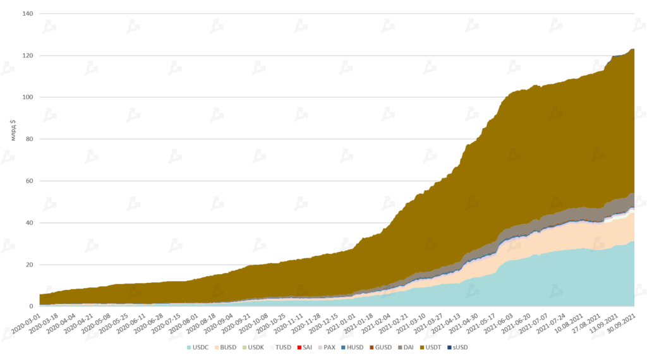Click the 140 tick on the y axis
[x=28, y=13]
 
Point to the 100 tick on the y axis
[x=28, y=97]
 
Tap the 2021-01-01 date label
[x=340, y=323]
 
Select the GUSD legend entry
[x=381, y=347]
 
